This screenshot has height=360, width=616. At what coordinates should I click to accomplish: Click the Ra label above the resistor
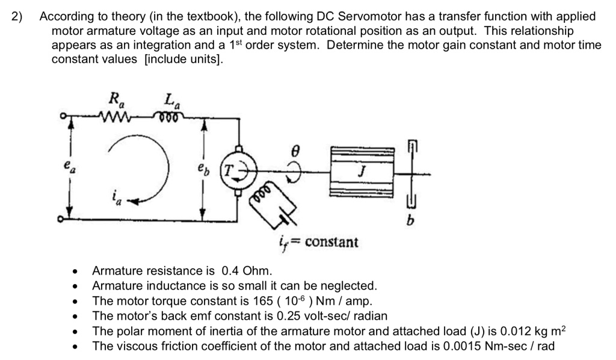113,99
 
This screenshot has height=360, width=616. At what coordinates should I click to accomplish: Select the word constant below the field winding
331,243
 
